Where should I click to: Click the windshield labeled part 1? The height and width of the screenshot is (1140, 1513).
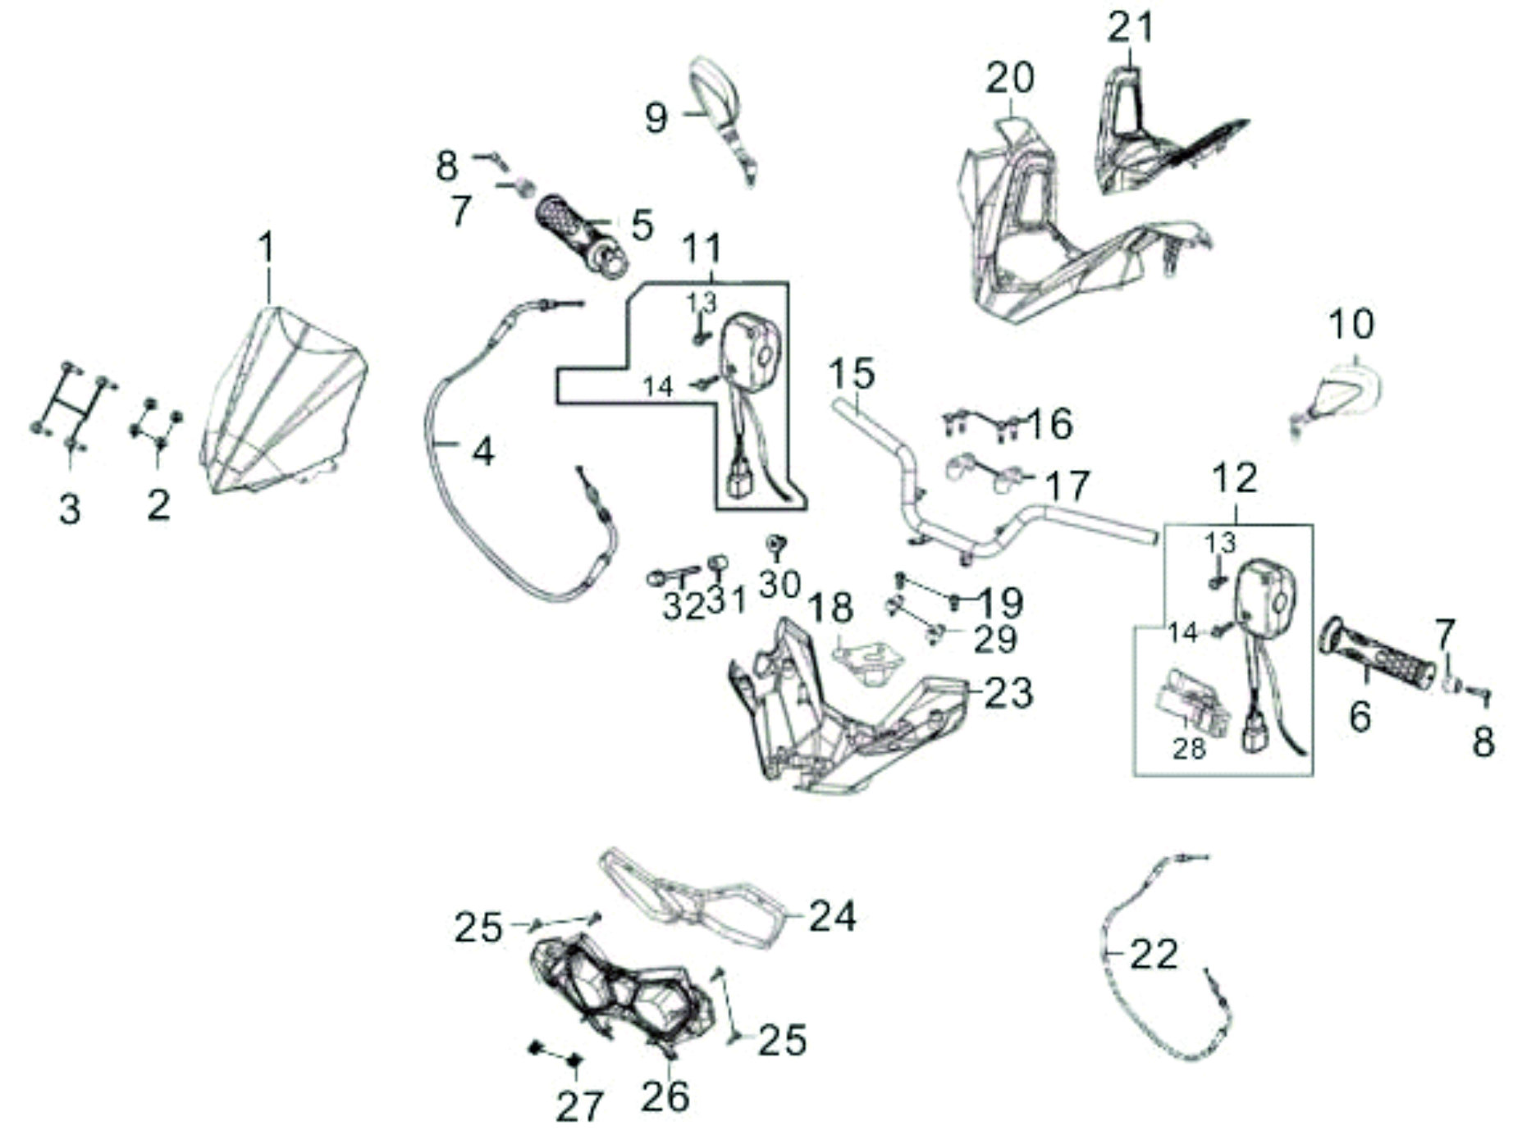283,402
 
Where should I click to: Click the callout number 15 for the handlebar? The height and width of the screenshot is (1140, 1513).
852,374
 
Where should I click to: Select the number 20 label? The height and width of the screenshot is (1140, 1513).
1010,79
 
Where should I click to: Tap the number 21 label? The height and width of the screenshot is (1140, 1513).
1131,28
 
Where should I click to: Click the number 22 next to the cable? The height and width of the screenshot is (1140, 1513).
1154,954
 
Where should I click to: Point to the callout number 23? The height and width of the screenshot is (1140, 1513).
1008,693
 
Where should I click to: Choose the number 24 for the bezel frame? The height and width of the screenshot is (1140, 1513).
833,916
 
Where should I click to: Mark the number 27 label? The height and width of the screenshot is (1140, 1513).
579,1107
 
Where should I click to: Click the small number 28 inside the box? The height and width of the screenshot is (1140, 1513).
1189,748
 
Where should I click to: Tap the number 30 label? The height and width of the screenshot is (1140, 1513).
779,585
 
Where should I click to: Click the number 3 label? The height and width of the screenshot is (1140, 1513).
70,509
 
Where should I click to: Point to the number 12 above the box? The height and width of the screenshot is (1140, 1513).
1234,478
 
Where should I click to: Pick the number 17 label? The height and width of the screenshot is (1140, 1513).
1067,486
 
